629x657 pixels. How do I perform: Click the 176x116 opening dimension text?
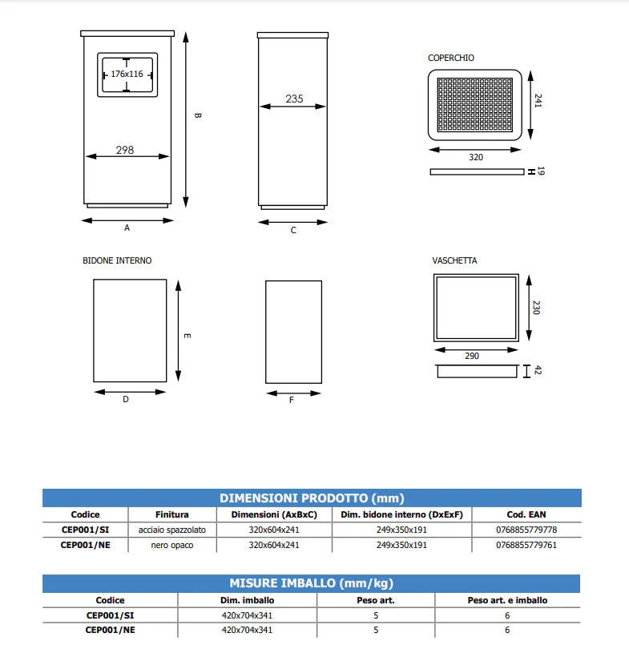pos(127,75)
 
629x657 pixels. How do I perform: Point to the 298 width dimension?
pos(125,150)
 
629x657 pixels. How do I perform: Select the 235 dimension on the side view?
pos(294,99)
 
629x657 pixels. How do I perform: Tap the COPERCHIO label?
pos(451,58)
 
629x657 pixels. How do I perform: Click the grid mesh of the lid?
pos(475,105)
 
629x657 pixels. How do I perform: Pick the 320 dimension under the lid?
pos(476,157)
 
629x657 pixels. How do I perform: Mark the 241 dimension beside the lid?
pos(538,101)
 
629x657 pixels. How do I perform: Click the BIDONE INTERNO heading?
pos(117,260)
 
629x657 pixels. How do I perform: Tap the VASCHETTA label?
pos(454,260)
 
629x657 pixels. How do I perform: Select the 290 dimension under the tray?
pos(472,356)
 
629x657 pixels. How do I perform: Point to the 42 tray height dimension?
pos(538,370)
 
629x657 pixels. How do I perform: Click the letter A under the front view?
pos(127,228)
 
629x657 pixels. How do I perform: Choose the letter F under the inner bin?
pos(292,400)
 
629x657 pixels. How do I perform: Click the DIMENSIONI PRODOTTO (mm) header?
pos(312,498)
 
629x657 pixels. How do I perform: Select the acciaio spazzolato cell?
pos(172,530)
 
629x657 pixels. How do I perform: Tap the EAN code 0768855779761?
pos(526,545)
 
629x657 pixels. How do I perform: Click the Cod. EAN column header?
pos(526,514)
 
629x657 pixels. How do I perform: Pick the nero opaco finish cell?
pos(172,545)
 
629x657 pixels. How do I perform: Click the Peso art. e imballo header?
pos(507,600)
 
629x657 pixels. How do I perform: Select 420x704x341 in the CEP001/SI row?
pos(248,615)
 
